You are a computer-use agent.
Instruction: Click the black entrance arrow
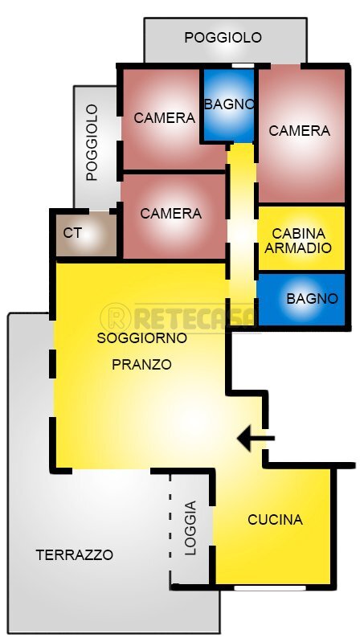click(256, 439)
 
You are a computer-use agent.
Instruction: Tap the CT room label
click(72, 233)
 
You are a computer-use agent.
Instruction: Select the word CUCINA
click(275, 520)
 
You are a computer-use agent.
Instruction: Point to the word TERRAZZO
click(75, 554)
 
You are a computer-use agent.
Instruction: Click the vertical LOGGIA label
click(190, 529)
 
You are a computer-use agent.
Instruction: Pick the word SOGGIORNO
click(141, 338)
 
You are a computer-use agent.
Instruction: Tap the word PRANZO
click(141, 364)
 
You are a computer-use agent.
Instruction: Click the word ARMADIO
click(297, 248)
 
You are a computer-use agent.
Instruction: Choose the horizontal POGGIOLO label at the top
click(223, 37)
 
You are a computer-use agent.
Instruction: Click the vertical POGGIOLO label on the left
click(92, 142)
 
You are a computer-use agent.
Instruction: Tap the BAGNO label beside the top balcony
click(229, 104)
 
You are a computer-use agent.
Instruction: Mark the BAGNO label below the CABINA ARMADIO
click(312, 298)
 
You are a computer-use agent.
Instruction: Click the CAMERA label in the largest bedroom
click(299, 130)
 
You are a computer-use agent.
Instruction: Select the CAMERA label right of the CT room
click(170, 214)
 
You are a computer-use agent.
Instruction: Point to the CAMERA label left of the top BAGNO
click(164, 118)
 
